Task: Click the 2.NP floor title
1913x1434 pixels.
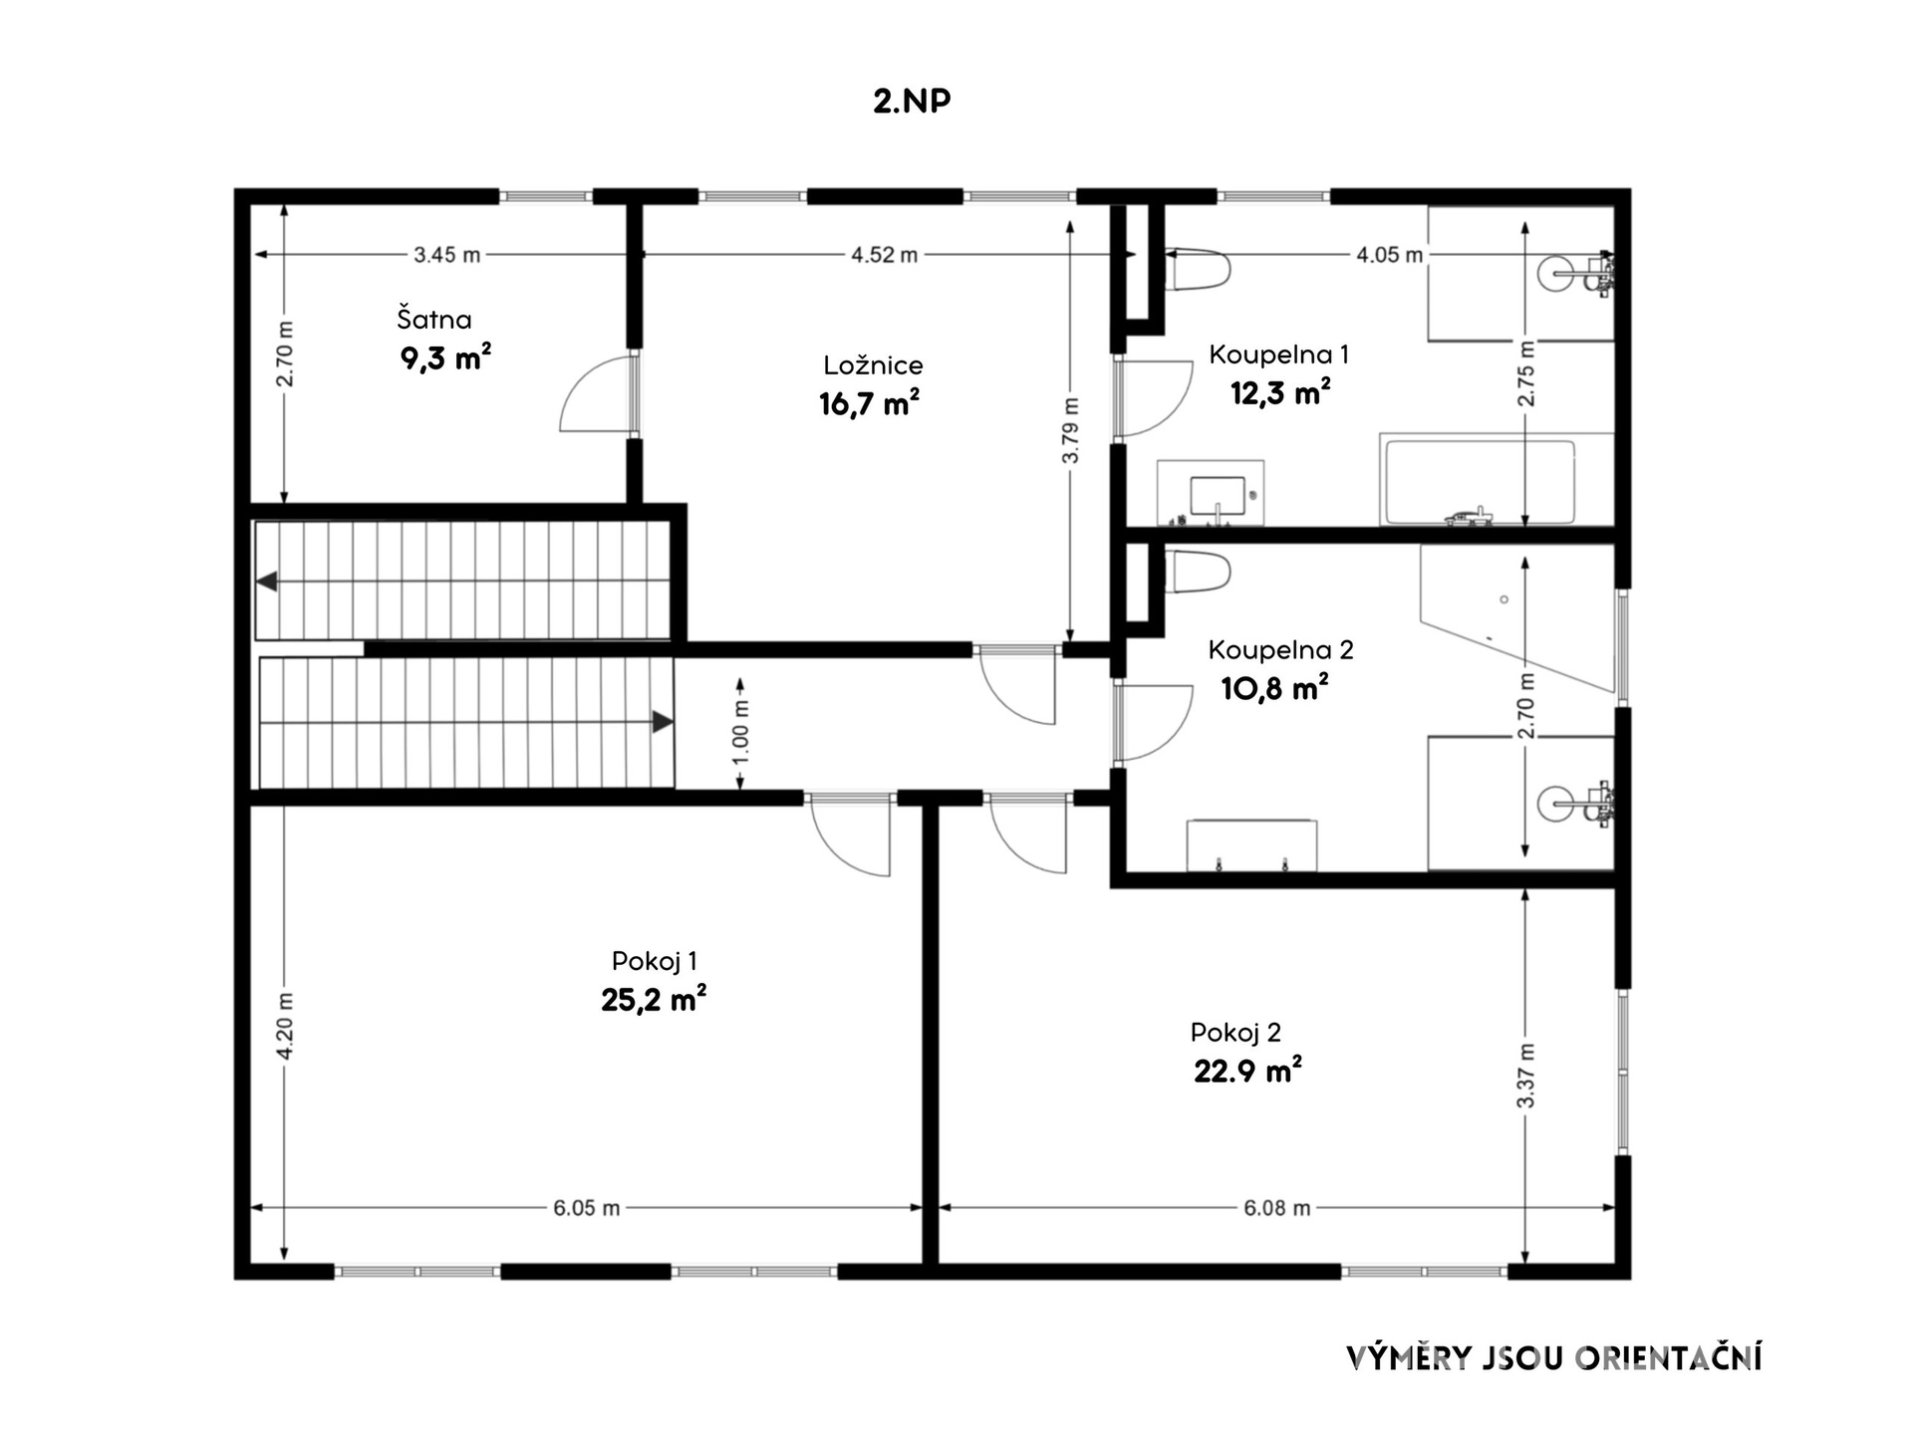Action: pos(912,102)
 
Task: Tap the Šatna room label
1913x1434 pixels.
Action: pos(434,319)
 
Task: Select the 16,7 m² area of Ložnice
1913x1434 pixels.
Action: pos(869,403)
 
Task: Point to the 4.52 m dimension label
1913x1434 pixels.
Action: pos(884,255)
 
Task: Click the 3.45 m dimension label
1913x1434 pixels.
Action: pos(447,255)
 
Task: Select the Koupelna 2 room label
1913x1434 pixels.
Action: pos(1280,650)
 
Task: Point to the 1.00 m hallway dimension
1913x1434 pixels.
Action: pos(740,734)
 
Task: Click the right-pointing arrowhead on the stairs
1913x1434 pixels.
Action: pos(663,722)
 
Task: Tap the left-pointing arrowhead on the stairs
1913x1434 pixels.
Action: pos(266,582)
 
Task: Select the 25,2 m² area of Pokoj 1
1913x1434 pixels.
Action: pos(654,999)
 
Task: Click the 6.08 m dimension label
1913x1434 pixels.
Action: pos(1276,1208)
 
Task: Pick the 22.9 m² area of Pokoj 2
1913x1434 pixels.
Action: pos(1247,1071)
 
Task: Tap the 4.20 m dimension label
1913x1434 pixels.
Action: pos(285,1027)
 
